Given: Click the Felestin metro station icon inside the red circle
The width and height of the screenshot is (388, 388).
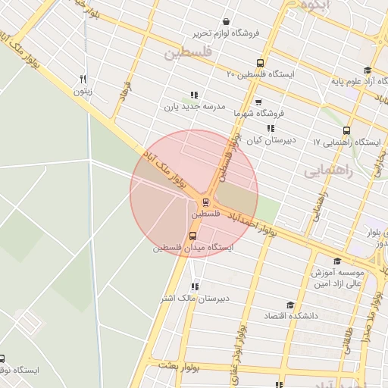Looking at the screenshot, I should coord(205,202).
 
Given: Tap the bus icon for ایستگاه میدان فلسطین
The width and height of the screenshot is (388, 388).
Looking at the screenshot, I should coord(192,236).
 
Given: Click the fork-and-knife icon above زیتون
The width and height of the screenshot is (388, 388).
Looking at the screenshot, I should coord(83,79).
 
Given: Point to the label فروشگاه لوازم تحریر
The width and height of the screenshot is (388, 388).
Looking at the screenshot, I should coord(225,33).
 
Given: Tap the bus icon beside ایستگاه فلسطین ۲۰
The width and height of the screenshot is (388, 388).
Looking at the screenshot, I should coord(260,63).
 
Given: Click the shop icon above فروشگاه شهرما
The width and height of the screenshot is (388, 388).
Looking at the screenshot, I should coord(258,101).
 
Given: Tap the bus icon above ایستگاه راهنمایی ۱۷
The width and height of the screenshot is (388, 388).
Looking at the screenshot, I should coord(347,130).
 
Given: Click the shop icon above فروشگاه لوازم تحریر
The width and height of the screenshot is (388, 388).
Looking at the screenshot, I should coord(225,22).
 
